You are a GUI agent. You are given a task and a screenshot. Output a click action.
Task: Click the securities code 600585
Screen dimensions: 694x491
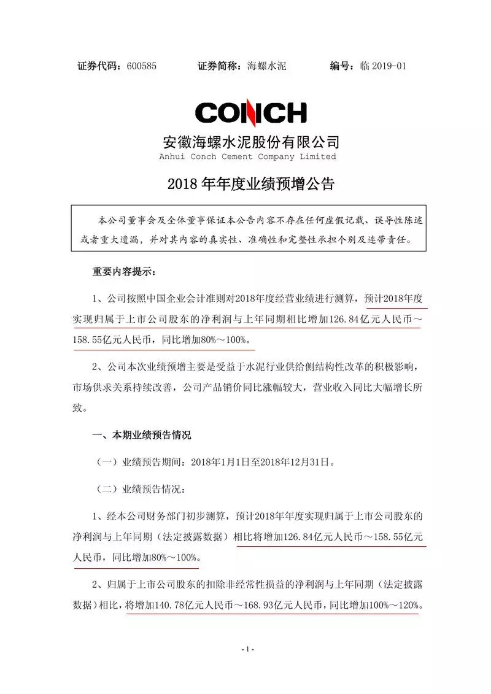[142, 66]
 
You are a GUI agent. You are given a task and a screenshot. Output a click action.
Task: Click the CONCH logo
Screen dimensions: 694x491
[250, 112]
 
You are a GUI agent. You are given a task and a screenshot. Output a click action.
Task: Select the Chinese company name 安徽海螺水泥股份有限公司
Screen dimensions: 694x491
[250, 142]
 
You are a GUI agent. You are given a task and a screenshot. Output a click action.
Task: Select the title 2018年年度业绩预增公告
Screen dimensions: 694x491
[250, 185]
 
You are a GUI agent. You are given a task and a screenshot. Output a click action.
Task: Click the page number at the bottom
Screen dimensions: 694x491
[248, 649]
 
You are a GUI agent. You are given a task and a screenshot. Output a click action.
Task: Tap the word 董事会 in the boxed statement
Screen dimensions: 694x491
[142, 219]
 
